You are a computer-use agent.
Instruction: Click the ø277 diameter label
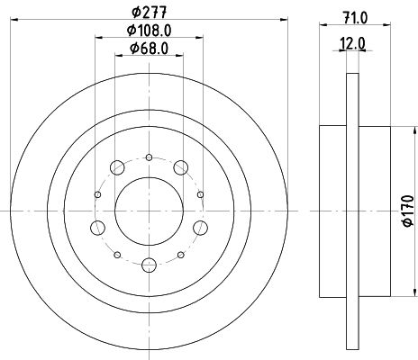click(x=149, y=13)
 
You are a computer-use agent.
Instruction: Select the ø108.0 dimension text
click(x=149, y=31)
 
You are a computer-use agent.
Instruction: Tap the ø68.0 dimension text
click(x=149, y=49)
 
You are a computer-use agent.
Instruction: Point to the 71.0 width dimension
click(x=355, y=18)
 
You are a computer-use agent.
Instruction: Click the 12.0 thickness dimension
click(x=352, y=44)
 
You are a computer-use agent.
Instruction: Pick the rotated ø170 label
click(x=408, y=211)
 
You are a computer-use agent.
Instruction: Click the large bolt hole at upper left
click(x=117, y=167)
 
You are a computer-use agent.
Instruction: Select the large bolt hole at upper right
click(x=181, y=167)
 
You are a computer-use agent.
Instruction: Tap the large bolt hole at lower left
click(x=97, y=228)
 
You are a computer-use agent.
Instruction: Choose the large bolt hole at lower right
click(x=200, y=228)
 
